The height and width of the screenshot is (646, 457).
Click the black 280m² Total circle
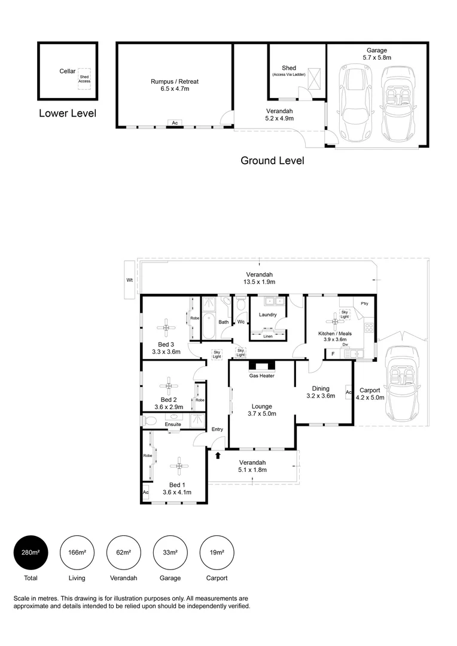(x=31, y=552)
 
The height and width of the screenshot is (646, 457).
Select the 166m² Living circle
(x=77, y=552)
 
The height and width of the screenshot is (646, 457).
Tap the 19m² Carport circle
(x=217, y=552)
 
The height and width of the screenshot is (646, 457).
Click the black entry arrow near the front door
(x=218, y=456)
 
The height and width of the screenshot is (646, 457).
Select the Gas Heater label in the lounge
(x=261, y=376)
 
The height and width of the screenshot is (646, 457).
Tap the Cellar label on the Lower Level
(x=67, y=71)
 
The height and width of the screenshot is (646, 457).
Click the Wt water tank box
(x=129, y=279)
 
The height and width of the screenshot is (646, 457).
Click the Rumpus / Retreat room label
(x=175, y=85)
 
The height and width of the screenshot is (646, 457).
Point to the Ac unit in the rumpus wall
(x=175, y=123)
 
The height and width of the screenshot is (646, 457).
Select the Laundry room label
(x=266, y=315)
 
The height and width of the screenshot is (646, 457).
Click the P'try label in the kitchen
(x=364, y=303)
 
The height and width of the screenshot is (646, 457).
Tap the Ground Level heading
(x=272, y=160)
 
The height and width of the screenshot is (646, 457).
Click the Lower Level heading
(x=67, y=113)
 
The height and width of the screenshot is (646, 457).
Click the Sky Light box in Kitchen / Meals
(x=345, y=313)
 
